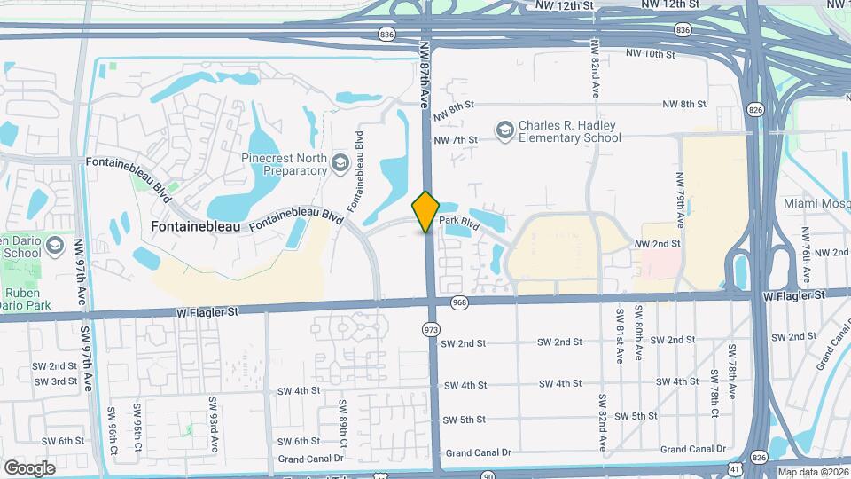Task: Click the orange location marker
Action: (x=426, y=211)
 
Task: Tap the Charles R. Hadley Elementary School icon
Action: (x=504, y=131)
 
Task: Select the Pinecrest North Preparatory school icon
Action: (x=340, y=163)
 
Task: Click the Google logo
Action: (x=29, y=467)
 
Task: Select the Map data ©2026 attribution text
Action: (x=812, y=472)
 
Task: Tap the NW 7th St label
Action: (x=456, y=140)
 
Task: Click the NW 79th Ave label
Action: (x=681, y=197)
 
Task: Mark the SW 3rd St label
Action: (x=56, y=381)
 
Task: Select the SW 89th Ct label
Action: (x=340, y=419)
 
